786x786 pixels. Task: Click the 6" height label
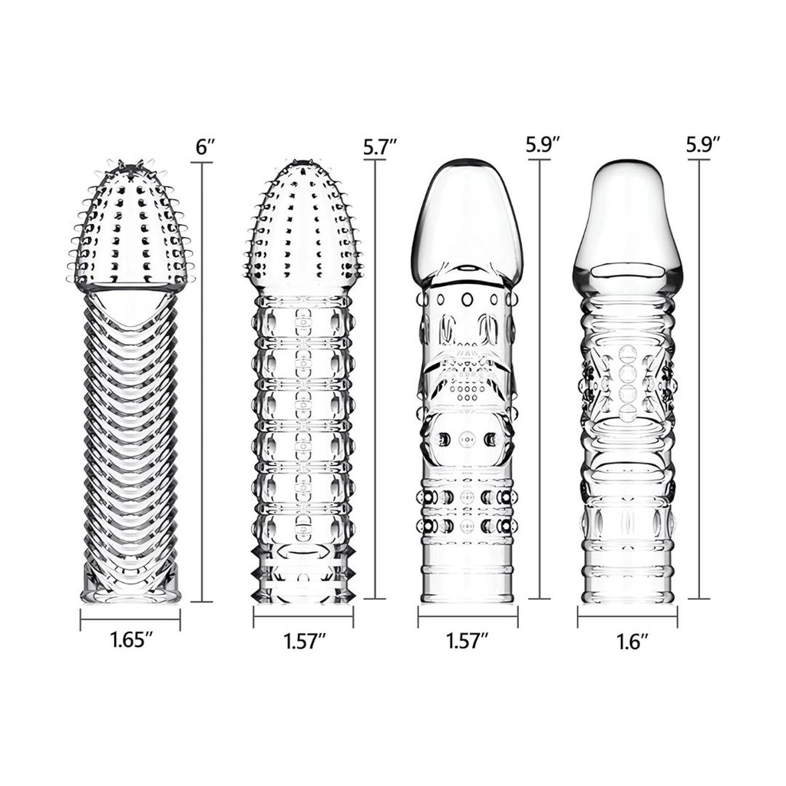pyautogui.click(x=203, y=147)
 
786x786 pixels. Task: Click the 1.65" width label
pyautogui.click(x=128, y=640)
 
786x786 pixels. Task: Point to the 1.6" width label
pyautogui.click(x=627, y=640)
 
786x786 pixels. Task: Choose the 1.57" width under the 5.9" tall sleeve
pyautogui.click(x=467, y=640)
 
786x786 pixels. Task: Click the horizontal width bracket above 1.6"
pyautogui.click(x=627, y=616)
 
